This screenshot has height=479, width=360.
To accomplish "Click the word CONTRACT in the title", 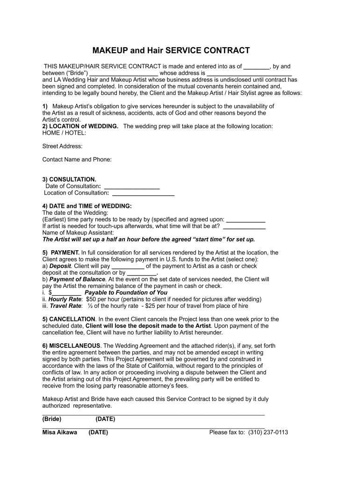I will pos(226,51).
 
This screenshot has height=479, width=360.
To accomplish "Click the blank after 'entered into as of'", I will pos(257,67).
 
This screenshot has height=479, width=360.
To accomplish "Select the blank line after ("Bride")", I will pos(123,73).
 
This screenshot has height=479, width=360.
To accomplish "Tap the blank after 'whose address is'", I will pos(249,73).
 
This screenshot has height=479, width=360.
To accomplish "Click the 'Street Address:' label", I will pos(62,146).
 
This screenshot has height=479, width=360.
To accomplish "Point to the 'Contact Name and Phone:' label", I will pos(77,160).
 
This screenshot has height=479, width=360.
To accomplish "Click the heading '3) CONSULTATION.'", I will pos(69,180).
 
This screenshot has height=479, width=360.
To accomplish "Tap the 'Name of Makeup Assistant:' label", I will pos(78,232).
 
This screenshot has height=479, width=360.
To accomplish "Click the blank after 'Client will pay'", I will pos(128,266).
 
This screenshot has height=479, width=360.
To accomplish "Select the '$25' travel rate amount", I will pos(152,306).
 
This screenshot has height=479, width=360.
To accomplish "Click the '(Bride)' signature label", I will pos(51,419).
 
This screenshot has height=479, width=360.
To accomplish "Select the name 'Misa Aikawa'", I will pos(60,433).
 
